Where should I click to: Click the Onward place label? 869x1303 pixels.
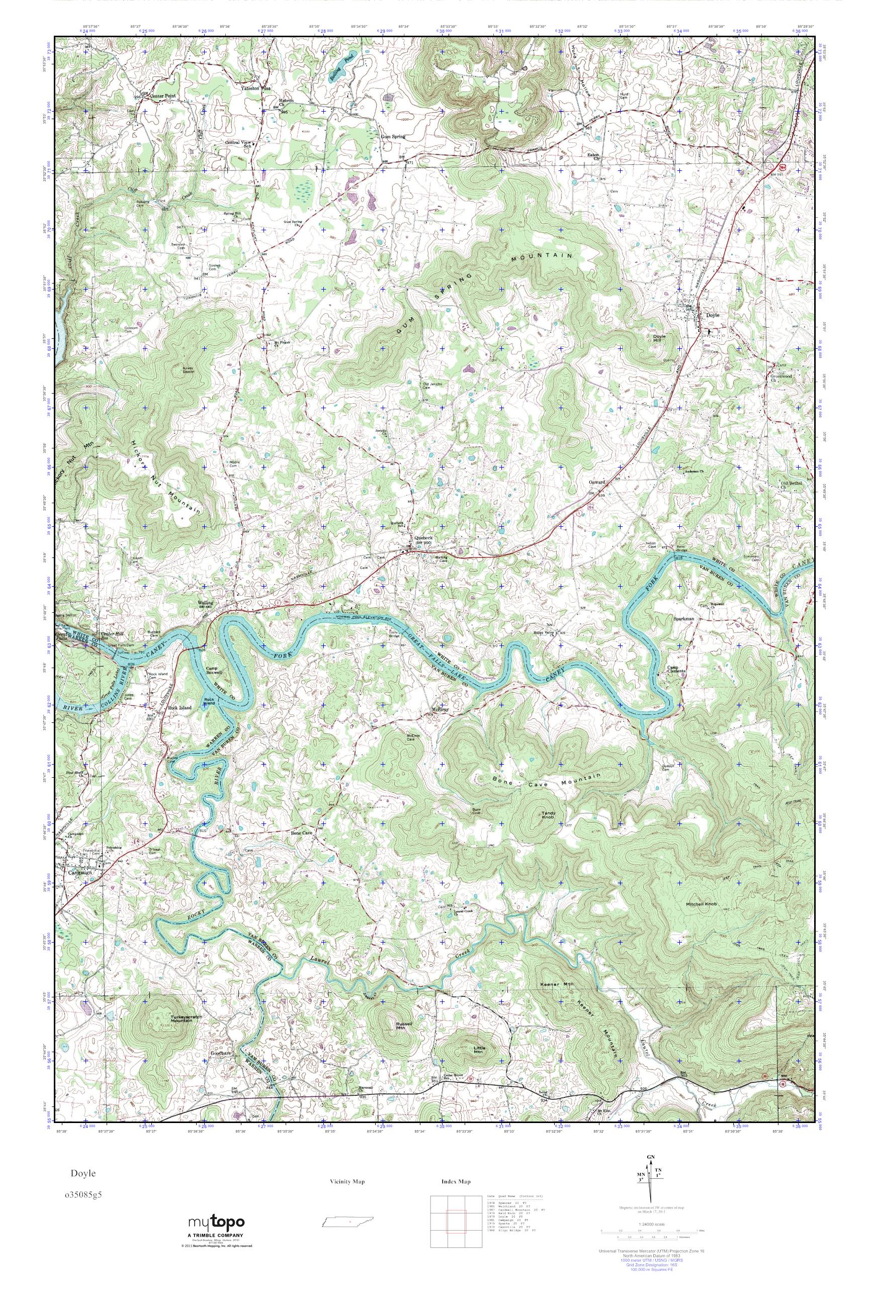[x=596, y=482]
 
